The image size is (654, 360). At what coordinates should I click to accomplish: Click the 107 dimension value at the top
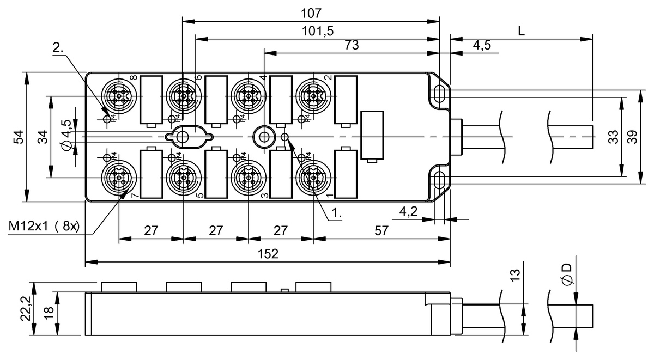pyautogui.click(x=311, y=12)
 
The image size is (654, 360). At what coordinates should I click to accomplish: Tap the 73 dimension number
pyautogui.click(x=352, y=45)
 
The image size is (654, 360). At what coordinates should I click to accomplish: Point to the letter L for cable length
pyautogui.click(x=521, y=30)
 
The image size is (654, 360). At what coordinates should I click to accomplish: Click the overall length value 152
pyautogui.click(x=268, y=254)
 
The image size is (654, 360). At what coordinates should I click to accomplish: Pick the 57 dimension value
pyautogui.click(x=381, y=230)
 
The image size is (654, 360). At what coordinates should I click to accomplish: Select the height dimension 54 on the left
pyautogui.click(x=18, y=137)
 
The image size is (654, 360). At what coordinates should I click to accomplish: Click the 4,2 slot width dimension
pyautogui.click(x=409, y=211)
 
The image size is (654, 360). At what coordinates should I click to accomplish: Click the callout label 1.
pyautogui.click(x=337, y=215)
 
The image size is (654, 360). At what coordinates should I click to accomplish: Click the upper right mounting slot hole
pyautogui.click(x=439, y=93)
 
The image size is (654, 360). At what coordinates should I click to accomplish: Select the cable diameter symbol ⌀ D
pyautogui.click(x=567, y=274)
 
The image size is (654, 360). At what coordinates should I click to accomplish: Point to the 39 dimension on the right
pyautogui.click(x=632, y=137)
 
